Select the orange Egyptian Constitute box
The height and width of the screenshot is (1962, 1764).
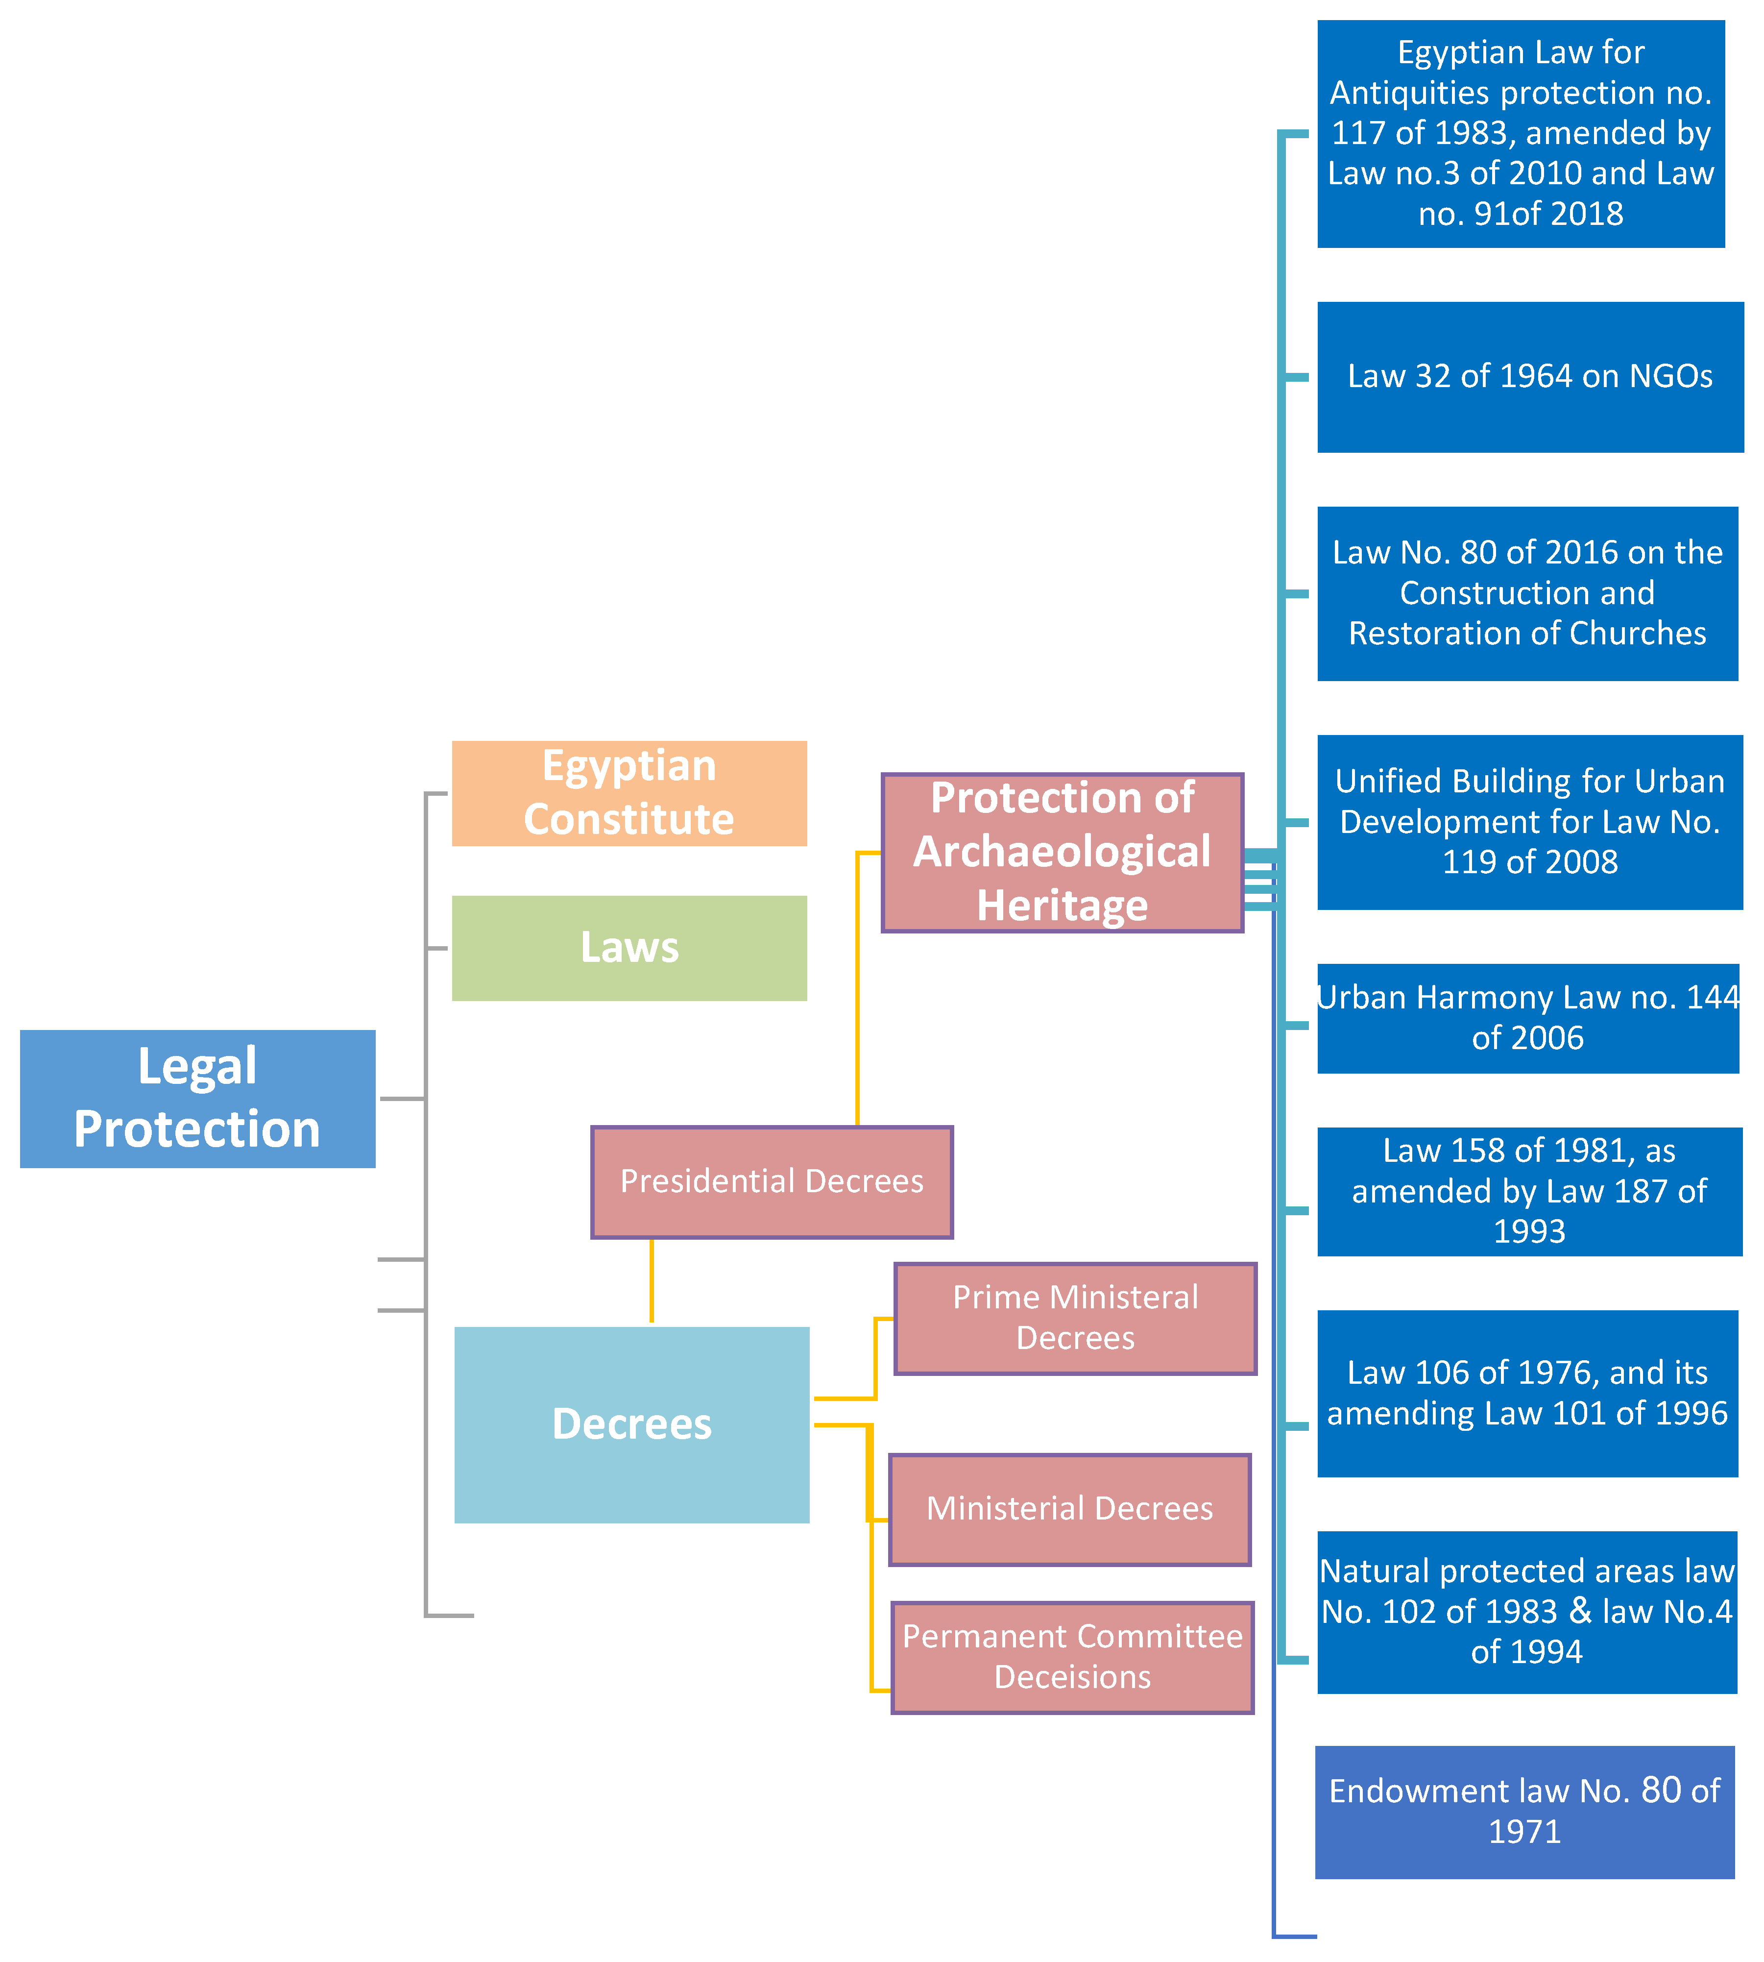click(x=629, y=793)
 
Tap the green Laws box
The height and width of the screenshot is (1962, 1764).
click(x=629, y=947)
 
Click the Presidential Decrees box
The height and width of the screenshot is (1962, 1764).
click(x=772, y=1181)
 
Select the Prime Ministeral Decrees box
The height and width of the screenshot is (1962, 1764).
click(x=1075, y=1317)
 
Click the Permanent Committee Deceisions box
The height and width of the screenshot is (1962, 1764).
click(x=1072, y=1657)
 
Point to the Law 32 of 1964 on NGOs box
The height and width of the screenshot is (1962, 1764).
click(x=1529, y=376)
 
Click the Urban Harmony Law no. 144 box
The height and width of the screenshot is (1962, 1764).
click(x=1527, y=1018)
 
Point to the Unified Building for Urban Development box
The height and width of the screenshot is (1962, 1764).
click(x=1529, y=821)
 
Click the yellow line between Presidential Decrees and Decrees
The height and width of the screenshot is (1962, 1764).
click(x=652, y=1279)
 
